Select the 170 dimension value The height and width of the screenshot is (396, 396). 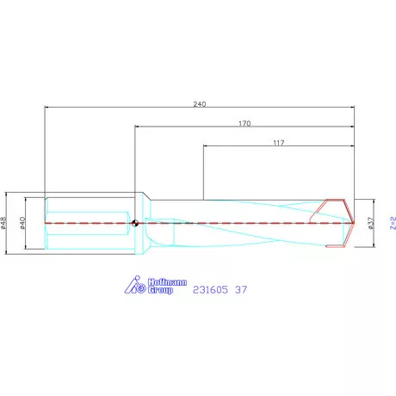coord(244,123)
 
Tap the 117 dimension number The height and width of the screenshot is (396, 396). coord(278,142)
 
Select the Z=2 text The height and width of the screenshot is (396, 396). coord(392,224)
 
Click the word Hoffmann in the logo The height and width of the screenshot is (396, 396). coord(156,282)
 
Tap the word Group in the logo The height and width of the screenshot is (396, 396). coord(158,291)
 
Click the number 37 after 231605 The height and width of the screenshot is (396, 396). coord(241,290)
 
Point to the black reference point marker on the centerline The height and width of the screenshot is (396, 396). coord(135,224)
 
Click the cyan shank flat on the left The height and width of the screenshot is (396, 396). coord(86,224)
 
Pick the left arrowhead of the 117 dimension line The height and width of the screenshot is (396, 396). coord(205,147)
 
